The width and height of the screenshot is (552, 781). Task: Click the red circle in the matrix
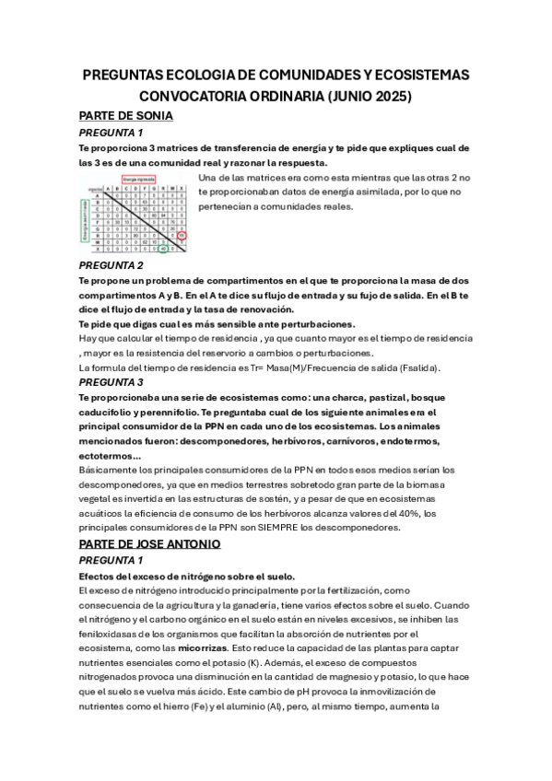(x=182, y=236)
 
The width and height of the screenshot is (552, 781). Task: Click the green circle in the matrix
(x=162, y=249)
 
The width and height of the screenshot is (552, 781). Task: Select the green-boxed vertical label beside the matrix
(x=86, y=218)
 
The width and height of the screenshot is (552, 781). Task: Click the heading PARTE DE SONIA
(x=125, y=116)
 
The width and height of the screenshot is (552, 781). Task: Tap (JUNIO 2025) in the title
(x=366, y=96)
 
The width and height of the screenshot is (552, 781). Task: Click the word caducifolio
(x=112, y=411)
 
